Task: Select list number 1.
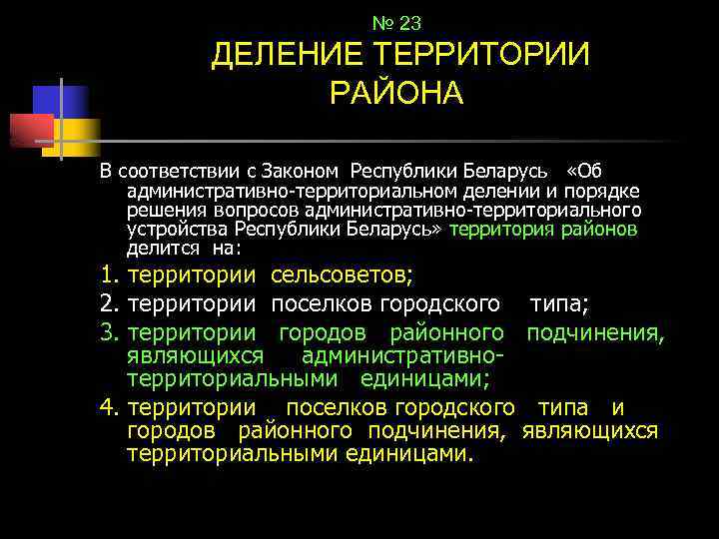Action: (110, 274)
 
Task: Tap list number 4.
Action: (110, 407)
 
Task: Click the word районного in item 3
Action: (445, 330)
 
